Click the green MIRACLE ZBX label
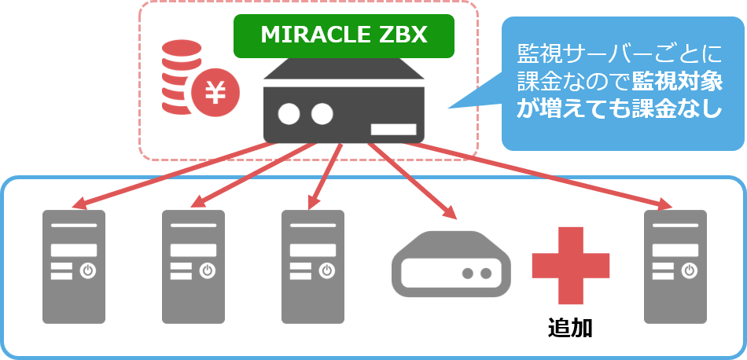[x=344, y=35]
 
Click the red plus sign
[x=570, y=266]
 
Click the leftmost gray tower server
[x=73, y=266]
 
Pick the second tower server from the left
[x=193, y=266]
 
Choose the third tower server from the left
[x=313, y=266]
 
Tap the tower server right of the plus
[x=675, y=266]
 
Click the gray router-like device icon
[x=451, y=263]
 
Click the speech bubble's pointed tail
[x=464, y=101]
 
